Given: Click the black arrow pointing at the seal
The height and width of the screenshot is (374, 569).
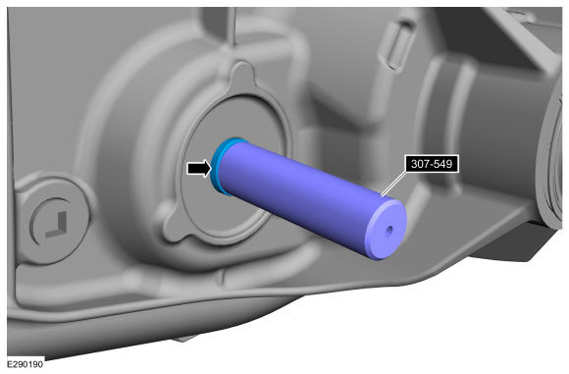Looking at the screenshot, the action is point(199,168).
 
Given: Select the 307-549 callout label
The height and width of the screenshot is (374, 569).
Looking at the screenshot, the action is point(432,164).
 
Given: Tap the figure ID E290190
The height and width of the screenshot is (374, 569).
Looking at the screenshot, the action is point(26,364).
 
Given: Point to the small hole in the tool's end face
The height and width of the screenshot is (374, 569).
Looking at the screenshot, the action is point(389,231).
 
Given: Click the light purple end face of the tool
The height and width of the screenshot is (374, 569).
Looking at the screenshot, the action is point(386,230).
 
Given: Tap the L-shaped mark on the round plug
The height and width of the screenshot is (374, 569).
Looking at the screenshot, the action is point(57,225).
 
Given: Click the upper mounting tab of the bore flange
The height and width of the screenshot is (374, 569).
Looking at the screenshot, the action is point(242,76).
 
